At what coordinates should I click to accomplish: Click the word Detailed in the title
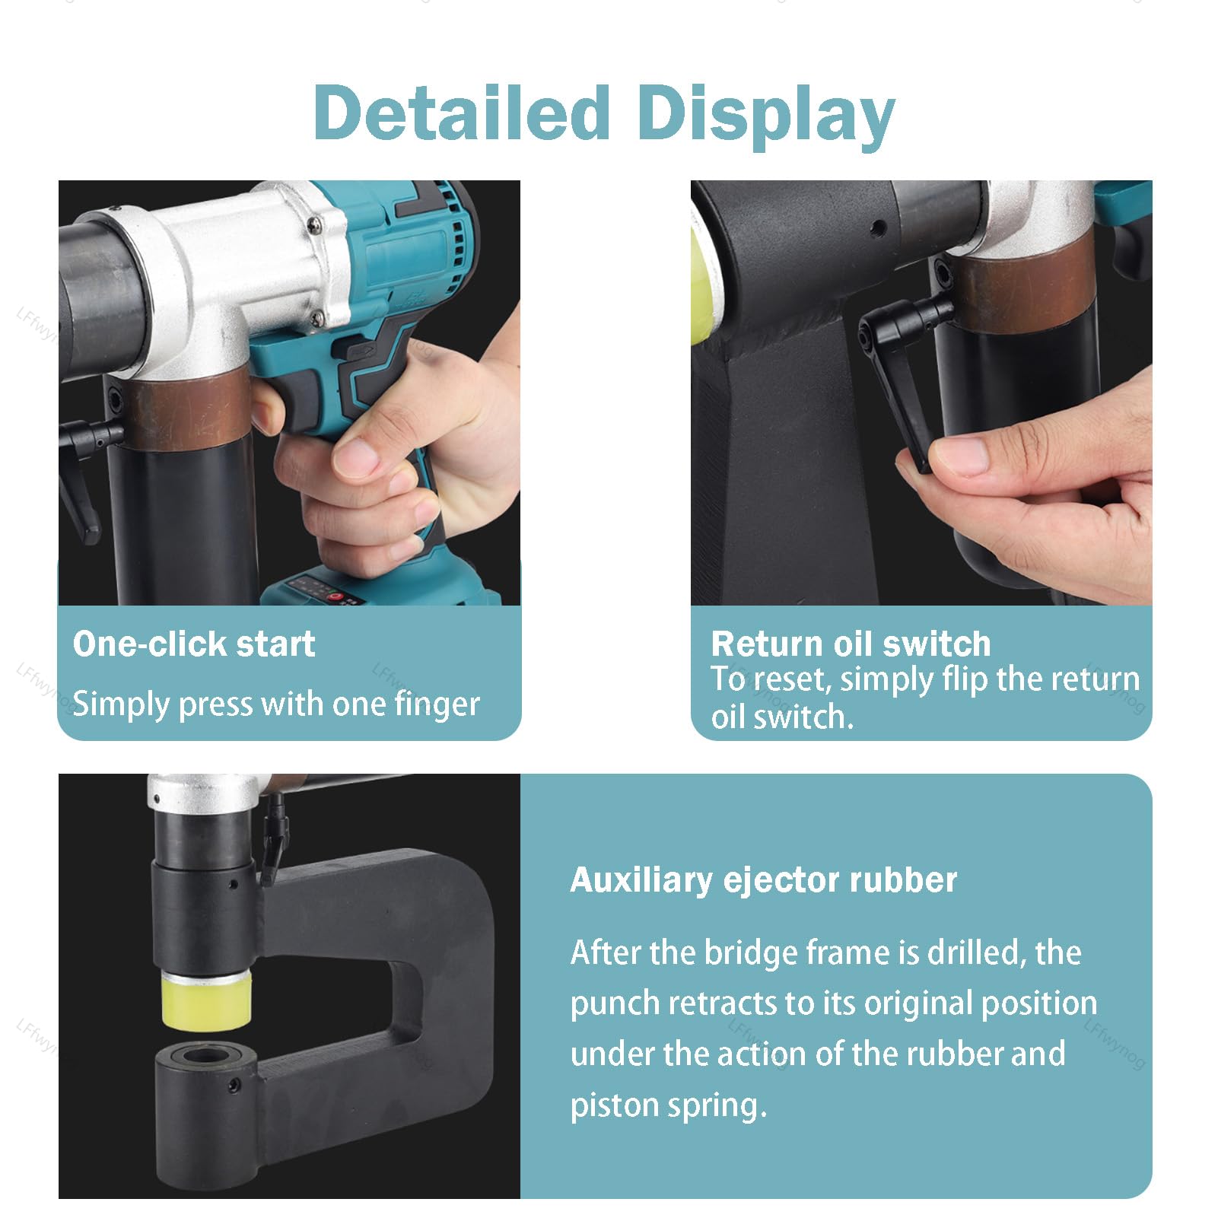(x=462, y=113)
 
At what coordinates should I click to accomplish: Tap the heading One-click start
(x=194, y=644)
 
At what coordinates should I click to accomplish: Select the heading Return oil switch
(x=851, y=644)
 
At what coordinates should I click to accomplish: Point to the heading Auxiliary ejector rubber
(x=763, y=880)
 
